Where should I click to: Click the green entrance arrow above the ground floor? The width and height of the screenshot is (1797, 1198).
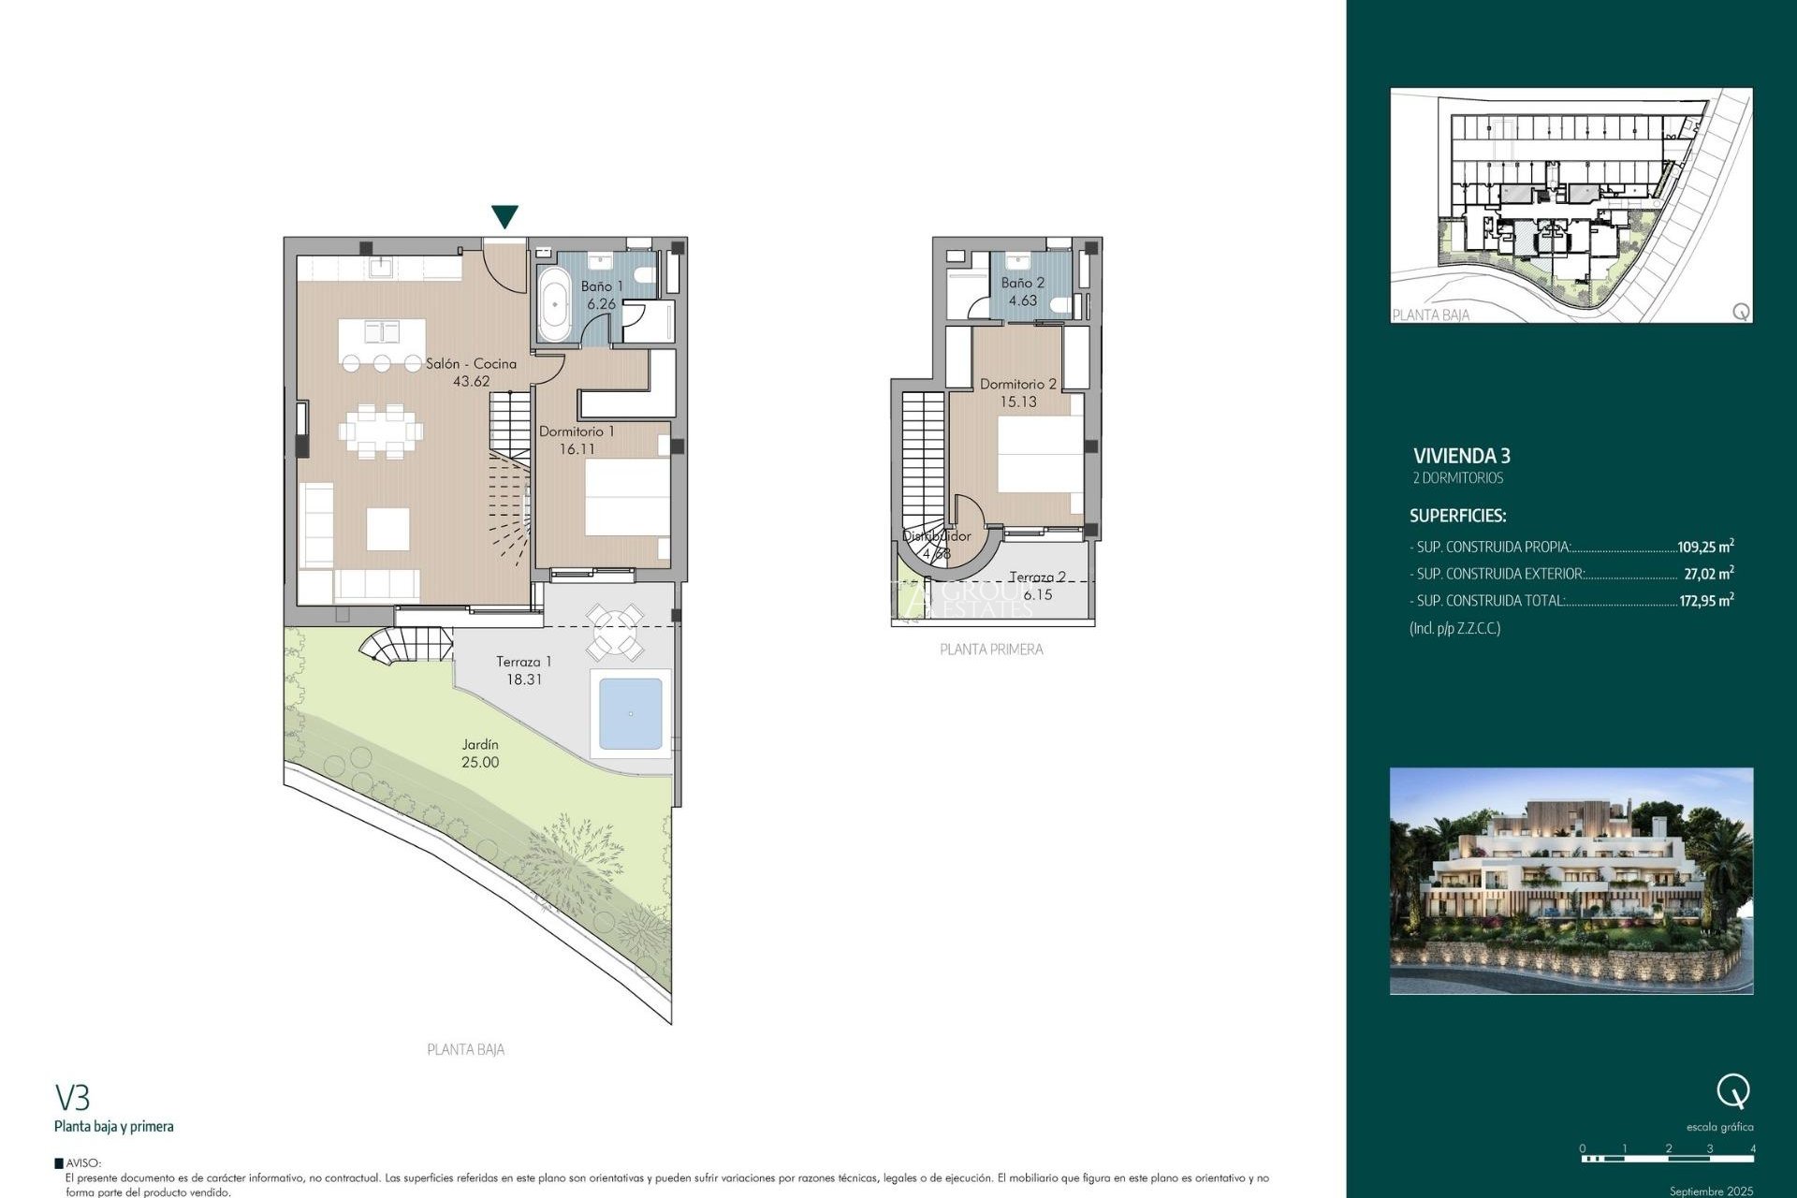504,216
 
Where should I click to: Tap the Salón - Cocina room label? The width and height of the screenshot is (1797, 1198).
471,363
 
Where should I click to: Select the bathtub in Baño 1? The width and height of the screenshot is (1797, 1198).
554,304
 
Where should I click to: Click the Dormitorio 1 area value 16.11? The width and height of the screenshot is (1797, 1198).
577,449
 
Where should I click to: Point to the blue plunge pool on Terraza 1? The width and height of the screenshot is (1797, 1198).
630,714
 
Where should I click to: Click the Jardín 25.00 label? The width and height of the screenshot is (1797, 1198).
480,753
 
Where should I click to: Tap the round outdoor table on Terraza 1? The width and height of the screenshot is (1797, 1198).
615,632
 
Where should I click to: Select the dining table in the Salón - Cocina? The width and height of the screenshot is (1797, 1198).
381,431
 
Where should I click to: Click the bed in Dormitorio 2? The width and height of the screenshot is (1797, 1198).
1039,454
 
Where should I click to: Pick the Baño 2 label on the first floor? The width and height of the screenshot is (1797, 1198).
1022,283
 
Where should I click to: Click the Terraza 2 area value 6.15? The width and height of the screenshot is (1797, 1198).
1037,595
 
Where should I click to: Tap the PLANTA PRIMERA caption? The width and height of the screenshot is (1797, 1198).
991,650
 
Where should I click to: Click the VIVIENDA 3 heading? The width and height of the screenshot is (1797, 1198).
1461,456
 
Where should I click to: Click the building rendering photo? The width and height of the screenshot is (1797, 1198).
1571,881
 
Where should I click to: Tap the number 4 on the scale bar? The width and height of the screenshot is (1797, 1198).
1752,1148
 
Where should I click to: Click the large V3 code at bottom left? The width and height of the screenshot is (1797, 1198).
72,1097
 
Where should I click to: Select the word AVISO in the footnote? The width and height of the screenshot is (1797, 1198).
83,1163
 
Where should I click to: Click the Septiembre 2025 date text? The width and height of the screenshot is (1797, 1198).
1711,1191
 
